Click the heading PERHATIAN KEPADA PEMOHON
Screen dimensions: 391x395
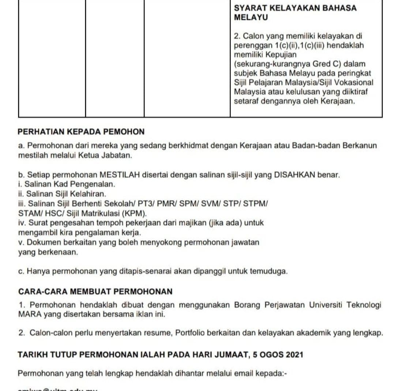[x=81, y=132]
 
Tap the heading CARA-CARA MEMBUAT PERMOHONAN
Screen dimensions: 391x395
[x=95, y=292]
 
